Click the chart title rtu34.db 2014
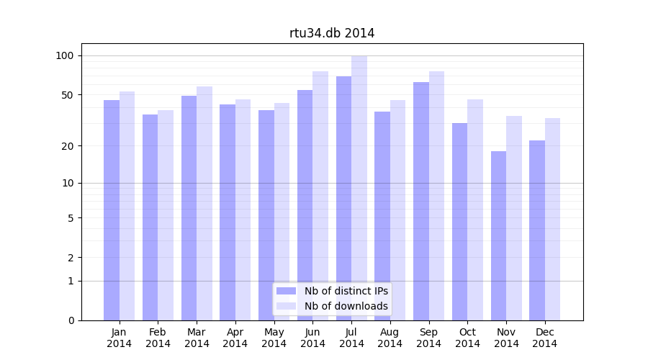332,33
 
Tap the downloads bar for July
359,188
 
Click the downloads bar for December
552,219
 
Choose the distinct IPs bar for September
421,201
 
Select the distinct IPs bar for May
266,215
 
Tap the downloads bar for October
475,210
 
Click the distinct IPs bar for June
305,205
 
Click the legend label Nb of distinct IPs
346,291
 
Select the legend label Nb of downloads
346,306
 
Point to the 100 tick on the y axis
65,55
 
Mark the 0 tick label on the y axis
71,320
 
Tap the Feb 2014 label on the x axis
158,338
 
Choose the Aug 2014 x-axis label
390,338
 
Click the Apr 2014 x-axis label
235,338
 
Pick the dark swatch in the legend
287,291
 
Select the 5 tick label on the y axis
71,218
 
